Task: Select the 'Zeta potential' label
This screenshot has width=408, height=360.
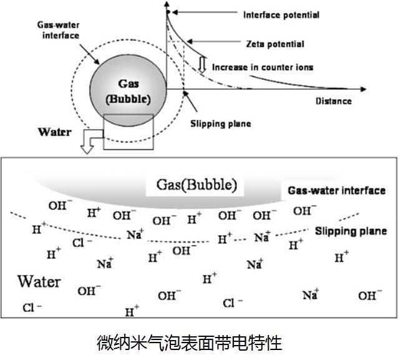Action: coord(275,44)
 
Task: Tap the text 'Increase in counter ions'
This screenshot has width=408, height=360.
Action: coord(263,67)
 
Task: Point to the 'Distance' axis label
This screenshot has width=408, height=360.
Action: coord(333,101)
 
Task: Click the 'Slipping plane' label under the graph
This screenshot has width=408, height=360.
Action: coord(220,124)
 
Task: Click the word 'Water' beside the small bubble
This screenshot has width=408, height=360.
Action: coord(56,132)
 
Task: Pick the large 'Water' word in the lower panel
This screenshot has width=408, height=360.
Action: coord(39,281)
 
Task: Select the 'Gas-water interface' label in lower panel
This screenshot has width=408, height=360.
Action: coord(337,190)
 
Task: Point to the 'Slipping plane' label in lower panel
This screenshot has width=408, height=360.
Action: coord(351,231)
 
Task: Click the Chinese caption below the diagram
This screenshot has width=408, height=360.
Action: coord(190,343)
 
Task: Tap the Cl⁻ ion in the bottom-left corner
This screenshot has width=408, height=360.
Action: coord(32,308)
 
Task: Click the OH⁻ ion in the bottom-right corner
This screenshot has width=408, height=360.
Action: coord(370,295)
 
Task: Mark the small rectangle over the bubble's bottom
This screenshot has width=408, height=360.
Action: coord(128,132)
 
